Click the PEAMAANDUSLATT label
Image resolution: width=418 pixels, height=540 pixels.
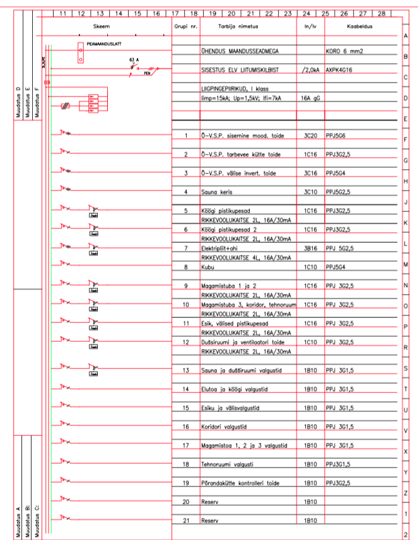coord(104,44)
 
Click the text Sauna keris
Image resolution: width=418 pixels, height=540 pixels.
coord(217,192)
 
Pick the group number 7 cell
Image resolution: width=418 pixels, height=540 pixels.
coord(185,249)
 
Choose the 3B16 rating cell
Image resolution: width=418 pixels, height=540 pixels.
coord(310,249)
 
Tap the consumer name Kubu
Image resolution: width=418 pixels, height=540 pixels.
coord(207,267)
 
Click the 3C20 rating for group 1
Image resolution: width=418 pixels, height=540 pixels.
coord(310,136)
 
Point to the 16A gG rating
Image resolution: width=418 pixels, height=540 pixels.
coord(310,98)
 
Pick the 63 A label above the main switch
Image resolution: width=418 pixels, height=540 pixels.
coord(133,59)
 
